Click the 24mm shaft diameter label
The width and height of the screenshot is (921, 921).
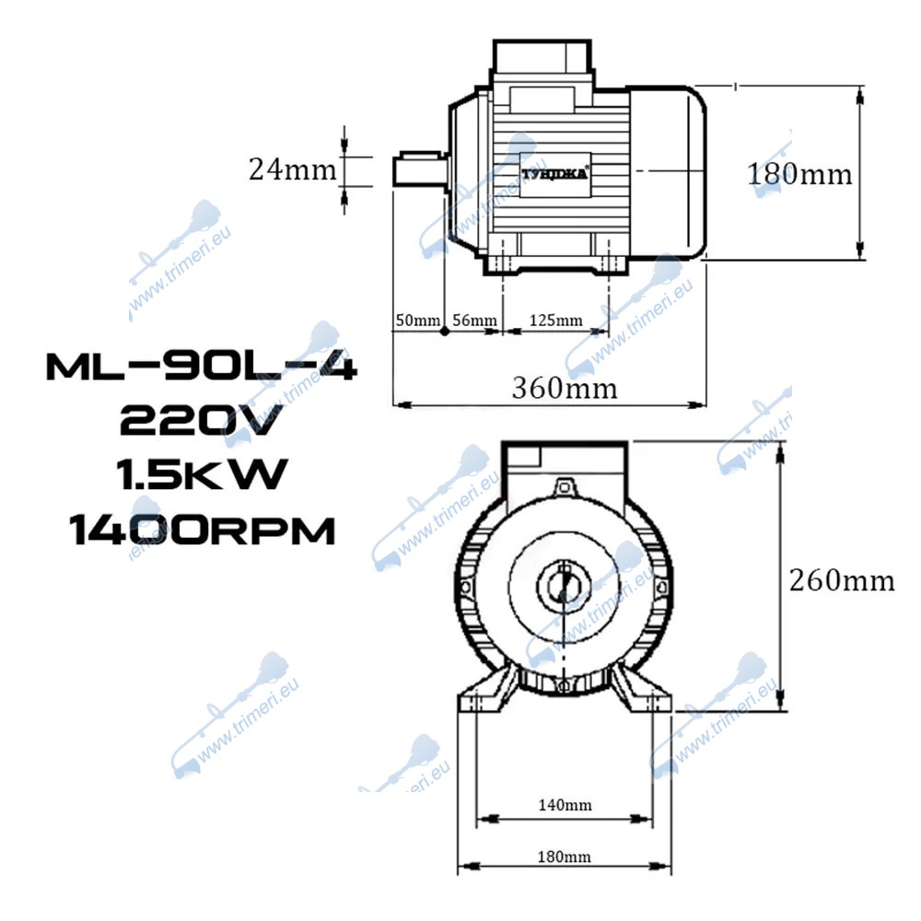[x=293, y=169]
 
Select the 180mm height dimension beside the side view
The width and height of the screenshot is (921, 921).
[x=799, y=174]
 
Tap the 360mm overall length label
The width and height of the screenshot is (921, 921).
[x=565, y=389]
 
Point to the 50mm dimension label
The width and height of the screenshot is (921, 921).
[x=417, y=321]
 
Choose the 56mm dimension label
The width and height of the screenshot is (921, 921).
[x=474, y=321]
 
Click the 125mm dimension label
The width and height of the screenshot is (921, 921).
[x=555, y=321]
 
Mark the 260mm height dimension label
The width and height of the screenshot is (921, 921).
[x=842, y=581]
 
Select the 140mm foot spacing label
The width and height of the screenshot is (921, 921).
[x=565, y=805]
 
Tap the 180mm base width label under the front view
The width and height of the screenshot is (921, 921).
[x=564, y=857]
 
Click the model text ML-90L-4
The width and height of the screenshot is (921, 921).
[x=202, y=367]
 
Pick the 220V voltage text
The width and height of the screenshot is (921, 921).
[x=201, y=421]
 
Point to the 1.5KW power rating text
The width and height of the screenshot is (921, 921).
[x=202, y=474]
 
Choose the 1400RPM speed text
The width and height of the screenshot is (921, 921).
[x=202, y=530]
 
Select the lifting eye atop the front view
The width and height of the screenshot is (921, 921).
[x=564, y=487]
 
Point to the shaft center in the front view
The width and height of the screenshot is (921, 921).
[x=564, y=586]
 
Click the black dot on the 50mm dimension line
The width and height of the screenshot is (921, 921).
[x=445, y=332]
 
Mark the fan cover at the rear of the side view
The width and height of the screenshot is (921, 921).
[x=667, y=173]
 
